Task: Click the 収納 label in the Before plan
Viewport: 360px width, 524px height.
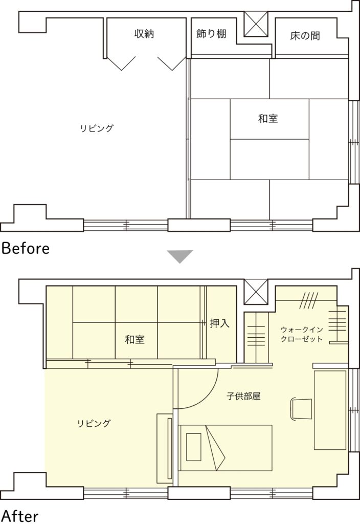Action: coord(144,33)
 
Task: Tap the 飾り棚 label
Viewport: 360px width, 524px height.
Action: coord(211,33)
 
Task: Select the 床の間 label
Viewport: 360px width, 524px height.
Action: coord(305,36)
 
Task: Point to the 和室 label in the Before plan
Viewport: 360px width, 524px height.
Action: coord(268,118)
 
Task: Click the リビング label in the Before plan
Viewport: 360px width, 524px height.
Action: coord(97,128)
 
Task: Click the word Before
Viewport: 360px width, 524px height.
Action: coord(26,248)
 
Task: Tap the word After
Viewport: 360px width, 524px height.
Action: coord(20,516)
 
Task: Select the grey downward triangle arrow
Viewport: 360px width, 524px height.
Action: coord(180,256)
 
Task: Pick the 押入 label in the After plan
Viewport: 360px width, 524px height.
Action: coord(220,323)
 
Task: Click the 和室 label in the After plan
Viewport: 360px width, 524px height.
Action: coord(134,340)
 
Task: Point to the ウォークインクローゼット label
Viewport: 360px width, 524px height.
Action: coord(302,334)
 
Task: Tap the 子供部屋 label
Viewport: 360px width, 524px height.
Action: coord(243,397)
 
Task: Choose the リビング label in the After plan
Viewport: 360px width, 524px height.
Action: coord(94,423)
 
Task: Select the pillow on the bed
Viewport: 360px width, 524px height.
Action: coord(194,447)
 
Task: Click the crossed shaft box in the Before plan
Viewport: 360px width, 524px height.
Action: coord(256,24)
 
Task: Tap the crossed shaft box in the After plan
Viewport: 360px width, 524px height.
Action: coord(256,292)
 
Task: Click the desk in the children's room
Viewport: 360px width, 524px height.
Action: coord(330,410)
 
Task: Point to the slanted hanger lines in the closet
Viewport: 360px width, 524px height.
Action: coord(309,300)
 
